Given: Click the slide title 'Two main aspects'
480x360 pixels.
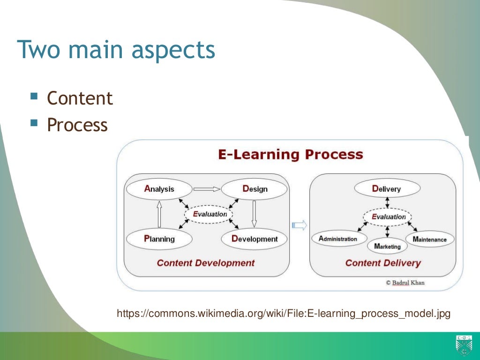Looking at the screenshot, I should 116,50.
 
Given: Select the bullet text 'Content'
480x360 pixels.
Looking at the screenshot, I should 80,98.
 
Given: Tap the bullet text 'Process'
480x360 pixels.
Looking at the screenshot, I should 77,125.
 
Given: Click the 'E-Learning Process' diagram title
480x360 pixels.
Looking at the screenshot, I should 290,154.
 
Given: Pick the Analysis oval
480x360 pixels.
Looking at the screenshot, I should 159,189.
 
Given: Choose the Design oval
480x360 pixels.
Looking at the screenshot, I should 254,189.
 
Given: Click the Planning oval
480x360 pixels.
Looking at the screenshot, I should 159,239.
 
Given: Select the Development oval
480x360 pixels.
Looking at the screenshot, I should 254,239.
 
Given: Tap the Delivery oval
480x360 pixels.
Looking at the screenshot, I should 387,189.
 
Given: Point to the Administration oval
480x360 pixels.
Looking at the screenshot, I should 338,239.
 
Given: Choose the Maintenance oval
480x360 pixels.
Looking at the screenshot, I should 430,239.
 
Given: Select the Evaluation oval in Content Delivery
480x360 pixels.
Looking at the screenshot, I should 388,217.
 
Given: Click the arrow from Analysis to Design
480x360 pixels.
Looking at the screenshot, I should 207,189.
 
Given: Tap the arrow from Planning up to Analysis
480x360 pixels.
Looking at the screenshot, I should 159,214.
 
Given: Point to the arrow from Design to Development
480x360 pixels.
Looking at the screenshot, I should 254,214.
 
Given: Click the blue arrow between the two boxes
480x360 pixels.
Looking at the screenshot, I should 299,225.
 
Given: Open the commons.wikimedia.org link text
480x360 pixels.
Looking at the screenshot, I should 283,313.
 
